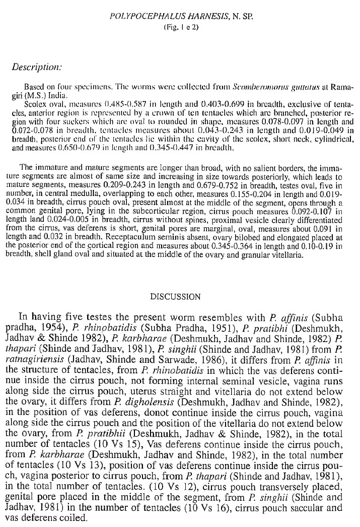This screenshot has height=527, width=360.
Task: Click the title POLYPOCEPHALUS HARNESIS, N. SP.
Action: pos(180,18)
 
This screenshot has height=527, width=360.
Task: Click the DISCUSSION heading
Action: pos(180,297)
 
